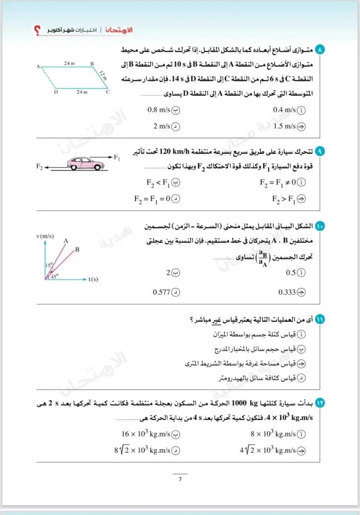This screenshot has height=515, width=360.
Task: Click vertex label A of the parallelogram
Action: click(x=37, y=67)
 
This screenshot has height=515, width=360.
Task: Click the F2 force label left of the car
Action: click(x=40, y=167)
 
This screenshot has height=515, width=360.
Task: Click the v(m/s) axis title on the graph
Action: click(x=45, y=236)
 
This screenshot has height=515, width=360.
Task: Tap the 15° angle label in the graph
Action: click(x=49, y=265)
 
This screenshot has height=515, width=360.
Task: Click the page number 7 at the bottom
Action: click(x=180, y=479)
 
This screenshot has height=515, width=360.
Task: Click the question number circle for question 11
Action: click(x=320, y=319)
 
